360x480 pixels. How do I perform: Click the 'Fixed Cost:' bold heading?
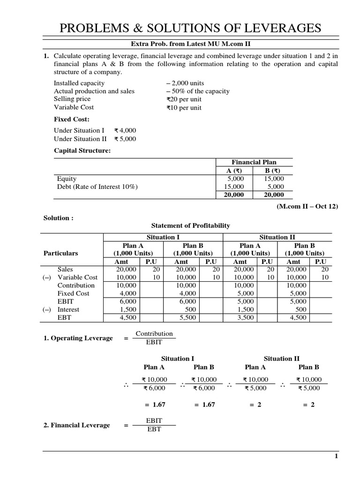[x=71, y=119]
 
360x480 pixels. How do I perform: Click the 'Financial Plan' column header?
[x=254, y=162]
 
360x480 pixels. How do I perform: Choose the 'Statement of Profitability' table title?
[x=190, y=225]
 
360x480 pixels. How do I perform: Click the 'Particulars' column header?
[x=60, y=253]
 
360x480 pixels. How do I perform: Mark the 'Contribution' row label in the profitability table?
[x=76, y=285]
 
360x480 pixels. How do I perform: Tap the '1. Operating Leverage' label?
[x=78, y=338]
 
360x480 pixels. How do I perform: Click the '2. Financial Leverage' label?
[x=77, y=425]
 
